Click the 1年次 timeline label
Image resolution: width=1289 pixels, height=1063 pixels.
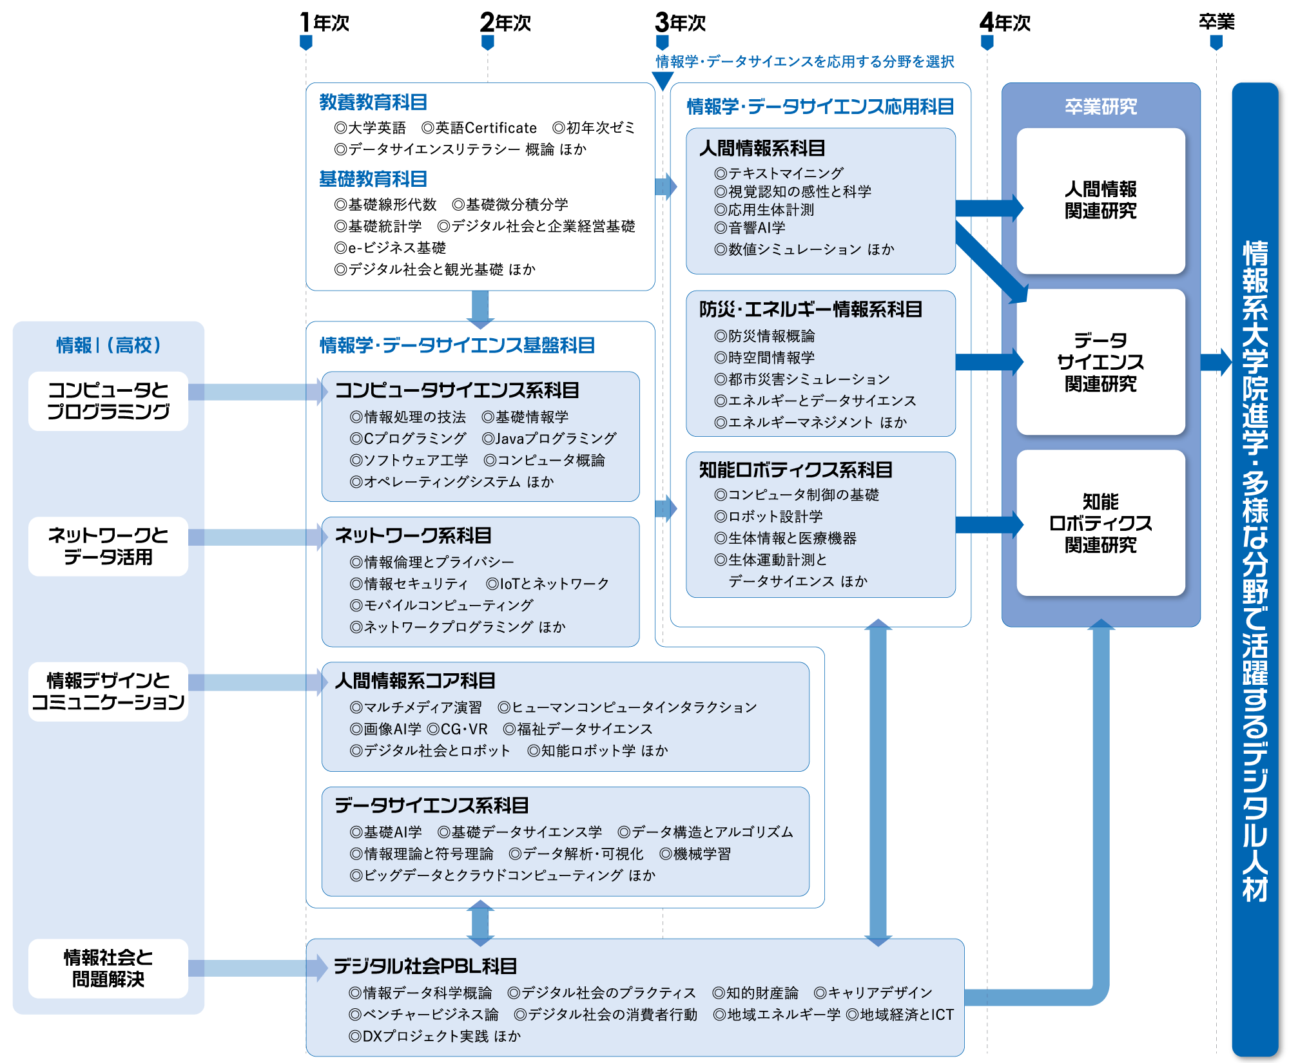(324, 23)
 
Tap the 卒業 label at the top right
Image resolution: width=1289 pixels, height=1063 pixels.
(1216, 22)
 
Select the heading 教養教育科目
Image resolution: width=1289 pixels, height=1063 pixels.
(373, 102)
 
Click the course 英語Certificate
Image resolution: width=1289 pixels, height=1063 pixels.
(479, 128)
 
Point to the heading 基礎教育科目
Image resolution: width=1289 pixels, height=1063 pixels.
(373, 178)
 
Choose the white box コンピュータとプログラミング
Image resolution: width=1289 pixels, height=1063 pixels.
(108, 401)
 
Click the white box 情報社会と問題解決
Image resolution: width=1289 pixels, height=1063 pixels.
(108, 968)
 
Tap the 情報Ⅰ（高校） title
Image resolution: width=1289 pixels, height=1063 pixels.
(108, 345)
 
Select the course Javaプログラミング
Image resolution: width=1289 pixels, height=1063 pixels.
(549, 438)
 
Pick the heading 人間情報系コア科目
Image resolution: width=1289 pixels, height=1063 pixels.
(415, 680)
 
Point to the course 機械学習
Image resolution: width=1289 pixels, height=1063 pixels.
(695, 854)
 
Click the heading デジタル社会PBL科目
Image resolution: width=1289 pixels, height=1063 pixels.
(425, 966)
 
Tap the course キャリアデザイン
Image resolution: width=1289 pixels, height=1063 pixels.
(873, 993)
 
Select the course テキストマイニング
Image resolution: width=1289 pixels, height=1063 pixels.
(779, 173)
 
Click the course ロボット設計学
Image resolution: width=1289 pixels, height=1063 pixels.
(768, 517)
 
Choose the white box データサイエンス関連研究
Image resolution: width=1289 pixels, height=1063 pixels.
(1101, 362)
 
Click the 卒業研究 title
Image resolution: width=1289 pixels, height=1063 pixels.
(1101, 106)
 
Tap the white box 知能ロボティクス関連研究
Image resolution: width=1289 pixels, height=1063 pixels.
(1101, 523)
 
